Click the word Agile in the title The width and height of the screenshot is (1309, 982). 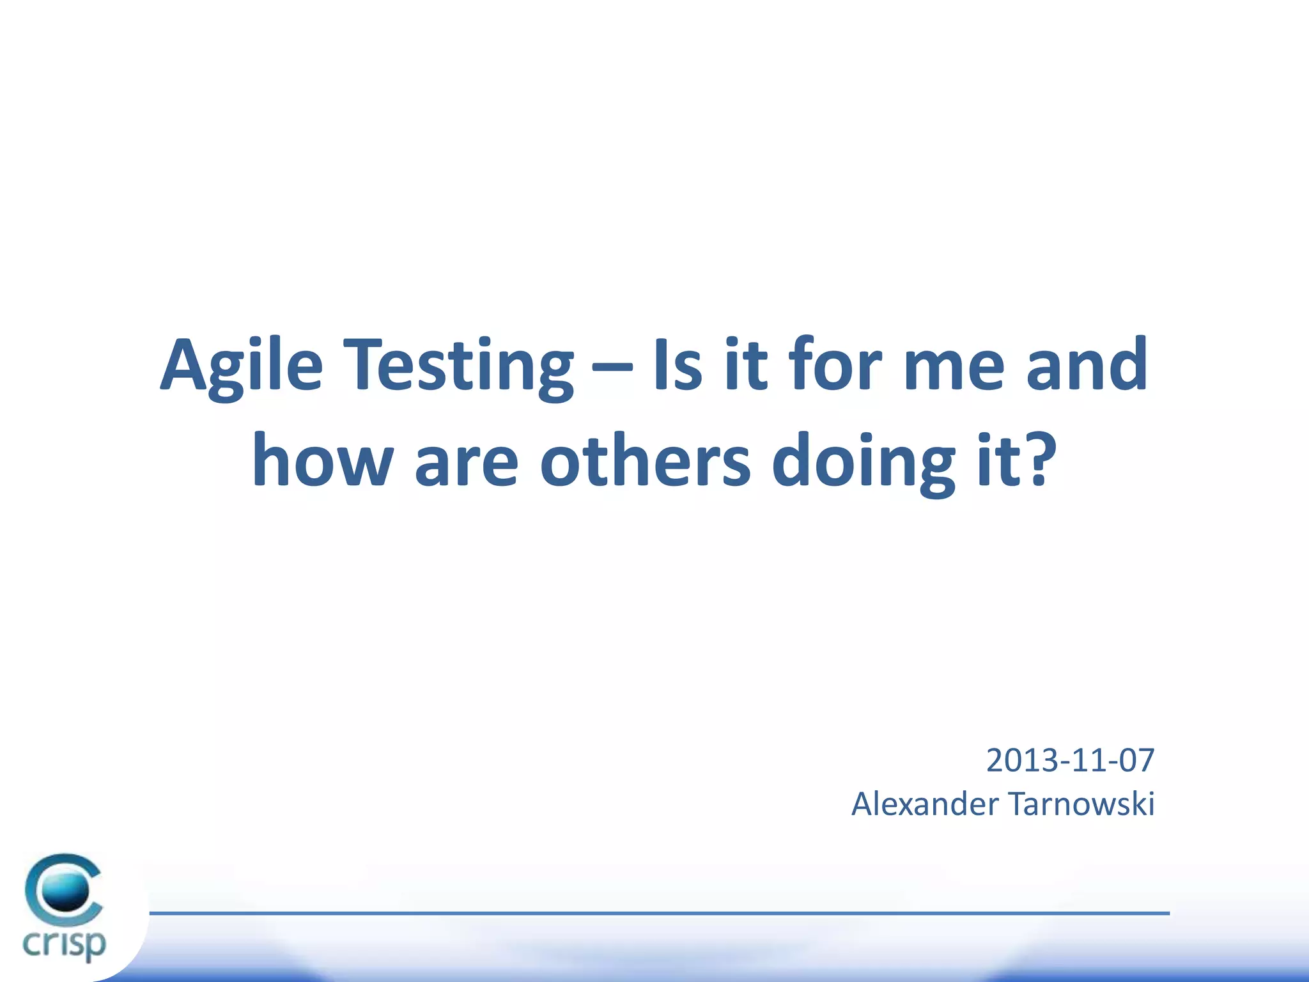point(242,366)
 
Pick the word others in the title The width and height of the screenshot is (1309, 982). point(646,460)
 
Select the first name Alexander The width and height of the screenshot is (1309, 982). point(924,804)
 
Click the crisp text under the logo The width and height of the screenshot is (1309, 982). point(64,944)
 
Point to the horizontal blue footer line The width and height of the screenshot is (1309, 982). point(658,913)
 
